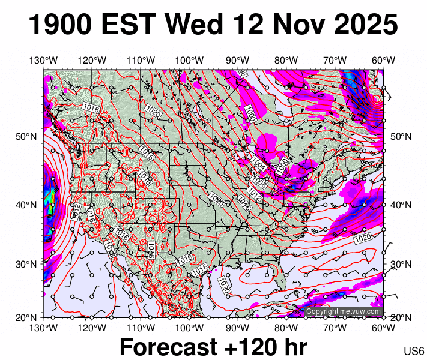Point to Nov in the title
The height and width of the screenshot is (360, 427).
[297, 26]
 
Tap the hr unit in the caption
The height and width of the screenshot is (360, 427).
[293, 347]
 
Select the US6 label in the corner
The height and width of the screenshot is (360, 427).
[414, 351]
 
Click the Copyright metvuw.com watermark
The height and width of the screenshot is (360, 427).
[344, 311]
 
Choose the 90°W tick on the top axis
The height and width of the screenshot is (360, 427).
[238, 60]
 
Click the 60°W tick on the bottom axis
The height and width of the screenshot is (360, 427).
[383, 328]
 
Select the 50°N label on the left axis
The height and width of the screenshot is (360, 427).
[26, 136]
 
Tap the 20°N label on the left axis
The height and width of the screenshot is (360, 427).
[26, 317]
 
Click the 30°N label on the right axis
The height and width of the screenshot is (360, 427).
[399, 263]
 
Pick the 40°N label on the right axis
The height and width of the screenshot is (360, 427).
[399, 205]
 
